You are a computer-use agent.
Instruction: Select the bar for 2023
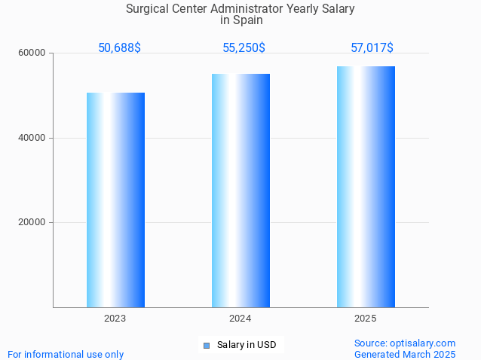115,200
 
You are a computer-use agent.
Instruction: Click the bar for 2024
240,190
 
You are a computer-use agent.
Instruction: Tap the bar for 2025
366,186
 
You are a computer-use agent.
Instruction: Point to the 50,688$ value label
119,48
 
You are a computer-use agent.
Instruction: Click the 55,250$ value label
244,48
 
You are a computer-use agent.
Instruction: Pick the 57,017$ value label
372,48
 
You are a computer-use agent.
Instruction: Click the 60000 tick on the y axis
32,53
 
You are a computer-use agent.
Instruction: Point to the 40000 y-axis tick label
32,138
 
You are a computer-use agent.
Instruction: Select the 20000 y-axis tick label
32,223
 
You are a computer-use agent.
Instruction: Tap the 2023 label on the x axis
115,319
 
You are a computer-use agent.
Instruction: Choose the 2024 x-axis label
240,319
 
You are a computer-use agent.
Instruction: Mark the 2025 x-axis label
366,319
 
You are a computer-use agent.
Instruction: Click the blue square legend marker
207,346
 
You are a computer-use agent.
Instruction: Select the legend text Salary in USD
247,345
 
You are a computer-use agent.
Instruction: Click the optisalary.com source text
405,343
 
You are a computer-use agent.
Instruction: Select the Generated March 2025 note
405,354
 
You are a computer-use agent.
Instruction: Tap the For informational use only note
66,354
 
